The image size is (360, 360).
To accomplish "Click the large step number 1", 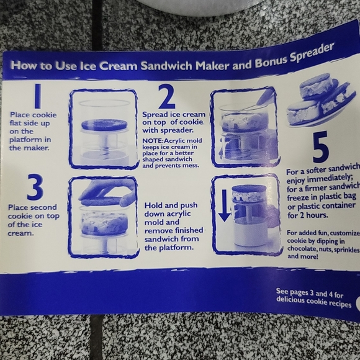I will click(x=38, y=96).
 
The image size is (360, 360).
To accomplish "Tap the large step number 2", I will click(x=166, y=97).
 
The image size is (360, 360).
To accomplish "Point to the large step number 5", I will click(x=320, y=147).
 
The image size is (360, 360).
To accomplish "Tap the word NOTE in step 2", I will click(x=152, y=141).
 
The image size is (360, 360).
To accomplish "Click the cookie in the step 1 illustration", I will click(x=104, y=124).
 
